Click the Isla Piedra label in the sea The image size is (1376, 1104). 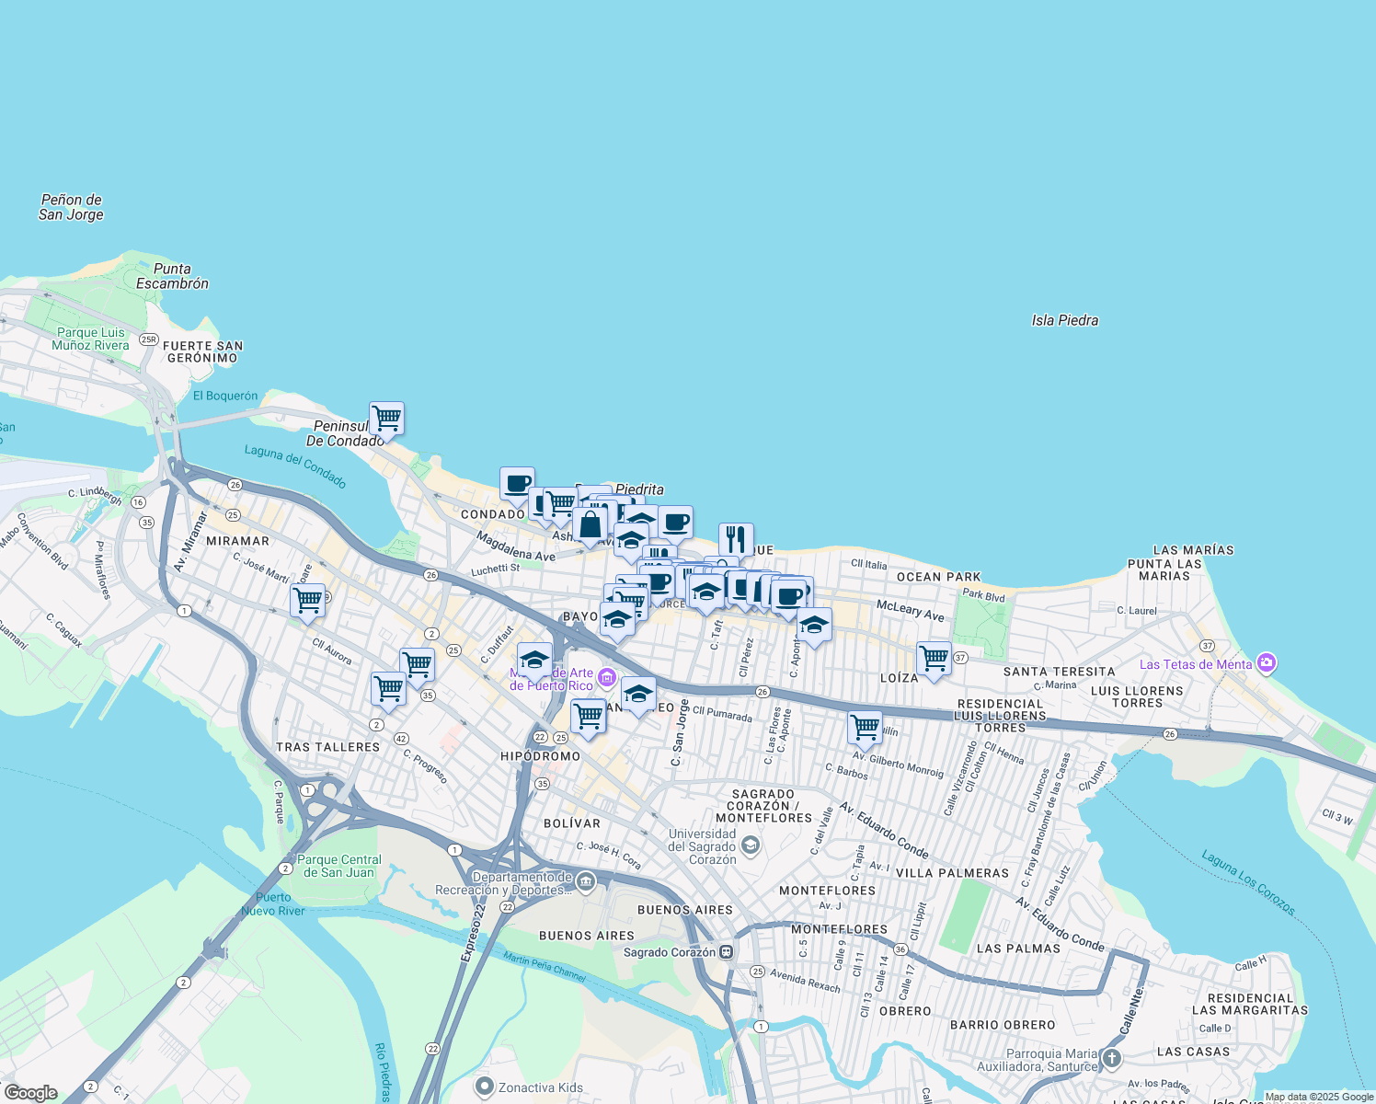coord(1064,320)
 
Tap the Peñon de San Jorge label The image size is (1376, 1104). coord(71,207)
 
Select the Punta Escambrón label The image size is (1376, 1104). coord(172,276)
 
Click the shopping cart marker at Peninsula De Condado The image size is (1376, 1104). coord(386,419)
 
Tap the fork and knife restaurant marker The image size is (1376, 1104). coord(736,539)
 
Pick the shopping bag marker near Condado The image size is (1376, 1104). coord(591,525)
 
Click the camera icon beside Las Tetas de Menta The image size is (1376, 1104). coord(1267,663)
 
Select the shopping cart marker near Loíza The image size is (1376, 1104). coord(934,659)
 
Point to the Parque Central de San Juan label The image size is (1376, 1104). coord(338,866)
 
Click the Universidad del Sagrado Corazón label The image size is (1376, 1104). coord(702,846)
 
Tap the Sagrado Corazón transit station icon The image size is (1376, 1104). coord(727,951)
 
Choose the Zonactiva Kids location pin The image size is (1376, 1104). coord(485,1087)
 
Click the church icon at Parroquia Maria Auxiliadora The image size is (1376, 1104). coord(1112,1058)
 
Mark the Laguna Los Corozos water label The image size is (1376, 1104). coord(1248,882)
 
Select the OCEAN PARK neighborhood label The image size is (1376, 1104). coord(938,577)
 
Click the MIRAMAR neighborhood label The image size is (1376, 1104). coord(237,541)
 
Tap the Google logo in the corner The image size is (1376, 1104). coord(30,1093)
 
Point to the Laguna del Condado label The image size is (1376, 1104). coord(295,466)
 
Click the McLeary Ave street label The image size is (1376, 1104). coord(910,610)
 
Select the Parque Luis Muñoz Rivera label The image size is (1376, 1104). coord(90,339)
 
